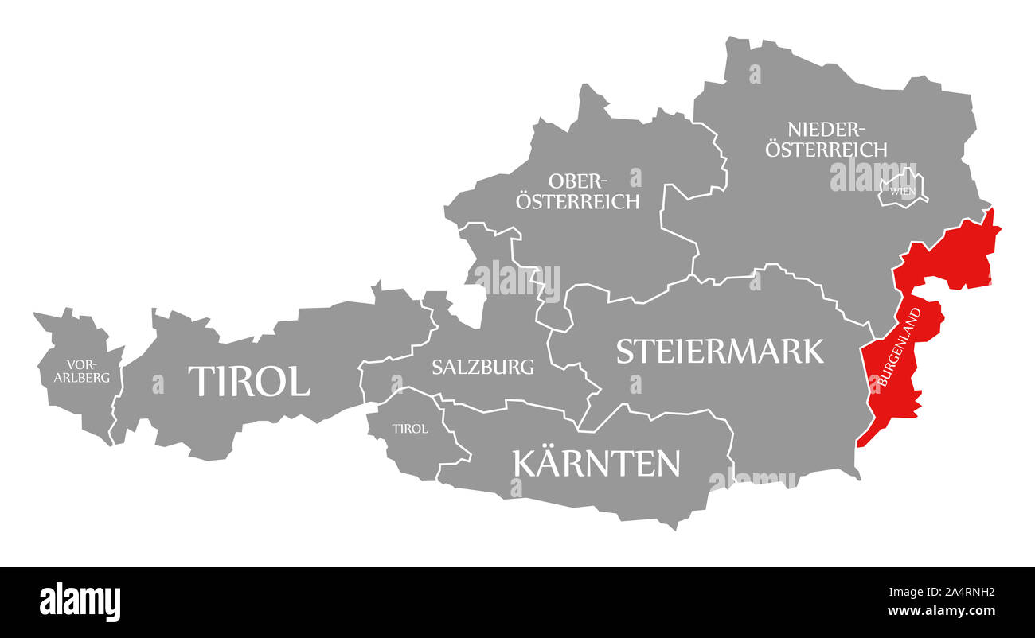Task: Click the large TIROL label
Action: (x=248, y=382)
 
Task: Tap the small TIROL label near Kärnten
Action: (x=410, y=429)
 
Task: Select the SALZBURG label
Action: (x=482, y=367)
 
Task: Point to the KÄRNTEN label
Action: (x=596, y=463)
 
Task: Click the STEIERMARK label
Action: (x=720, y=351)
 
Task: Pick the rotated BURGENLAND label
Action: (x=900, y=348)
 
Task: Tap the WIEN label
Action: (x=902, y=191)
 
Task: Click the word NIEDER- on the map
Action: (x=826, y=129)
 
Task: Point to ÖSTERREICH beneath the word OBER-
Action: (x=577, y=201)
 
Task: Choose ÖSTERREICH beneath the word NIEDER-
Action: (x=826, y=149)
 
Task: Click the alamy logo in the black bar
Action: (x=80, y=602)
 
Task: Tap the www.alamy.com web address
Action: (x=941, y=611)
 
